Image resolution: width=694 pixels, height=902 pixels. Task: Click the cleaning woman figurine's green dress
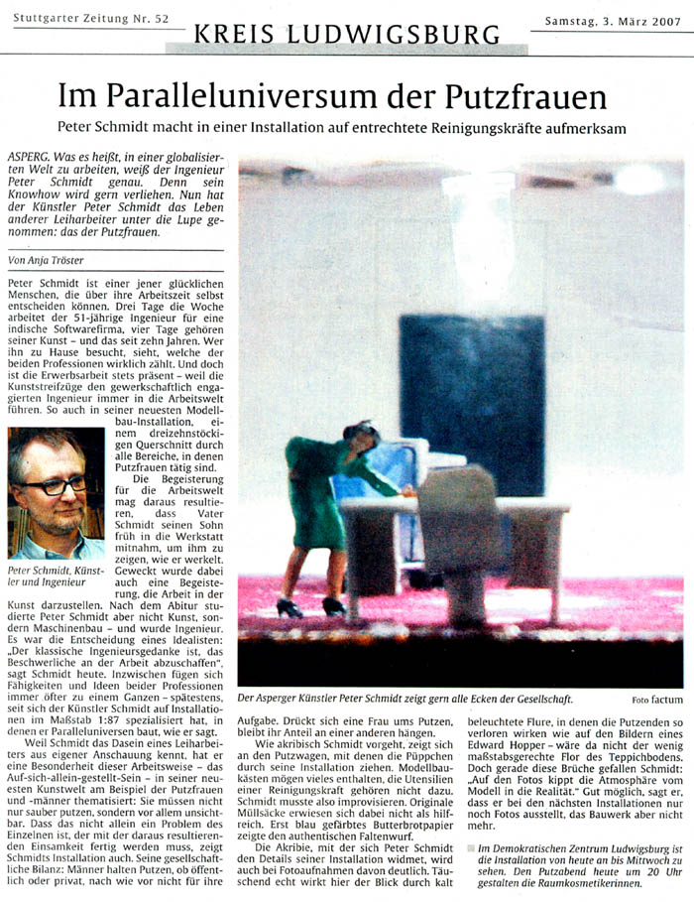point(315,496)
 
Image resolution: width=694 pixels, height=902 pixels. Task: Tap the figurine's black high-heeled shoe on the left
point(289,607)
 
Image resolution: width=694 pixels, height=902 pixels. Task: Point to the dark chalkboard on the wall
point(472,387)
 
